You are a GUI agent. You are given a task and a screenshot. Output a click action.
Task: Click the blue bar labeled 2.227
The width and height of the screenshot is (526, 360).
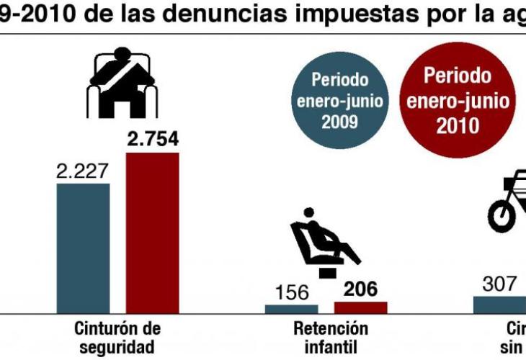pyautogui.click(x=83, y=248)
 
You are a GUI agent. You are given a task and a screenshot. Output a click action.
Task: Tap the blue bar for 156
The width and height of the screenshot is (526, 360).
pyautogui.click(x=291, y=309)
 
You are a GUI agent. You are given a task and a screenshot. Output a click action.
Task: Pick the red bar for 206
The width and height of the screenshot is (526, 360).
pyautogui.click(x=360, y=307)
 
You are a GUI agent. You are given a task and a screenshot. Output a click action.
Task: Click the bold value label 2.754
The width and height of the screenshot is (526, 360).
pyautogui.click(x=153, y=139)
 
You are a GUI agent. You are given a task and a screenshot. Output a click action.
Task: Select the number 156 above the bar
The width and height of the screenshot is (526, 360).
pyautogui.click(x=292, y=293)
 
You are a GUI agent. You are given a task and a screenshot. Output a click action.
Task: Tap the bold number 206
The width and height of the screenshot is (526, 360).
pyautogui.click(x=360, y=289)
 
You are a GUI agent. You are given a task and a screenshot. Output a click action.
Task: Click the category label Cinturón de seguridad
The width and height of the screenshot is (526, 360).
pyautogui.click(x=117, y=338)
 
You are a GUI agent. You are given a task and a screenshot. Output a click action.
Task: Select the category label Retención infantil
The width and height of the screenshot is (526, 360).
pyautogui.click(x=331, y=338)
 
